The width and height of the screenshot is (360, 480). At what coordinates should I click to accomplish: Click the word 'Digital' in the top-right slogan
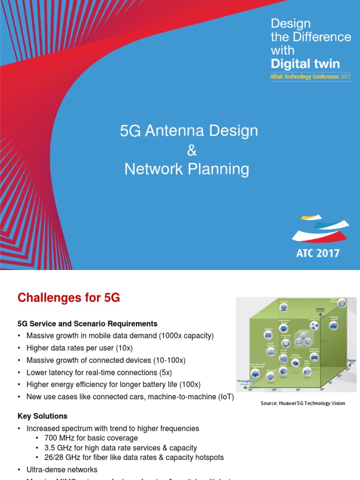[x=291, y=64]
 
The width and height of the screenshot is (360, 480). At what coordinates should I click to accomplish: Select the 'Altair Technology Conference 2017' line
[x=310, y=76]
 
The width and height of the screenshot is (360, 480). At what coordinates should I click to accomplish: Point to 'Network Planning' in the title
[x=187, y=169]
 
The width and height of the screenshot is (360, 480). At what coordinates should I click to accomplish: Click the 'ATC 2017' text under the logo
[x=318, y=253]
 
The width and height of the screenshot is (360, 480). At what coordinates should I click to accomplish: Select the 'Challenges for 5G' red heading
[x=68, y=298]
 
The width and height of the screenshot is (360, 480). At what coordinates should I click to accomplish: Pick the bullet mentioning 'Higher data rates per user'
[x=79, y=348]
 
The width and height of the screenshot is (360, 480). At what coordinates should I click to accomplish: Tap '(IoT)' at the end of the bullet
[x=224, y=397]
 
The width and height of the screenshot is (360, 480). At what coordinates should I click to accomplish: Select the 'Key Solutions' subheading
[x=42, y=416]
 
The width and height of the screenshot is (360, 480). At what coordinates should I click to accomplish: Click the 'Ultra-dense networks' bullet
[x=62, y=469]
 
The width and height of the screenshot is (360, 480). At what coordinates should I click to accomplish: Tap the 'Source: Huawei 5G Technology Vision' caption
[x=303, y=403]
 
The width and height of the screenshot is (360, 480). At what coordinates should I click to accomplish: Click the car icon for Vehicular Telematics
[x=314, y=357]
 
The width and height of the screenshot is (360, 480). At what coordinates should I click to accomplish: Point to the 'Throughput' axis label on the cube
[x=245, y=382]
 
